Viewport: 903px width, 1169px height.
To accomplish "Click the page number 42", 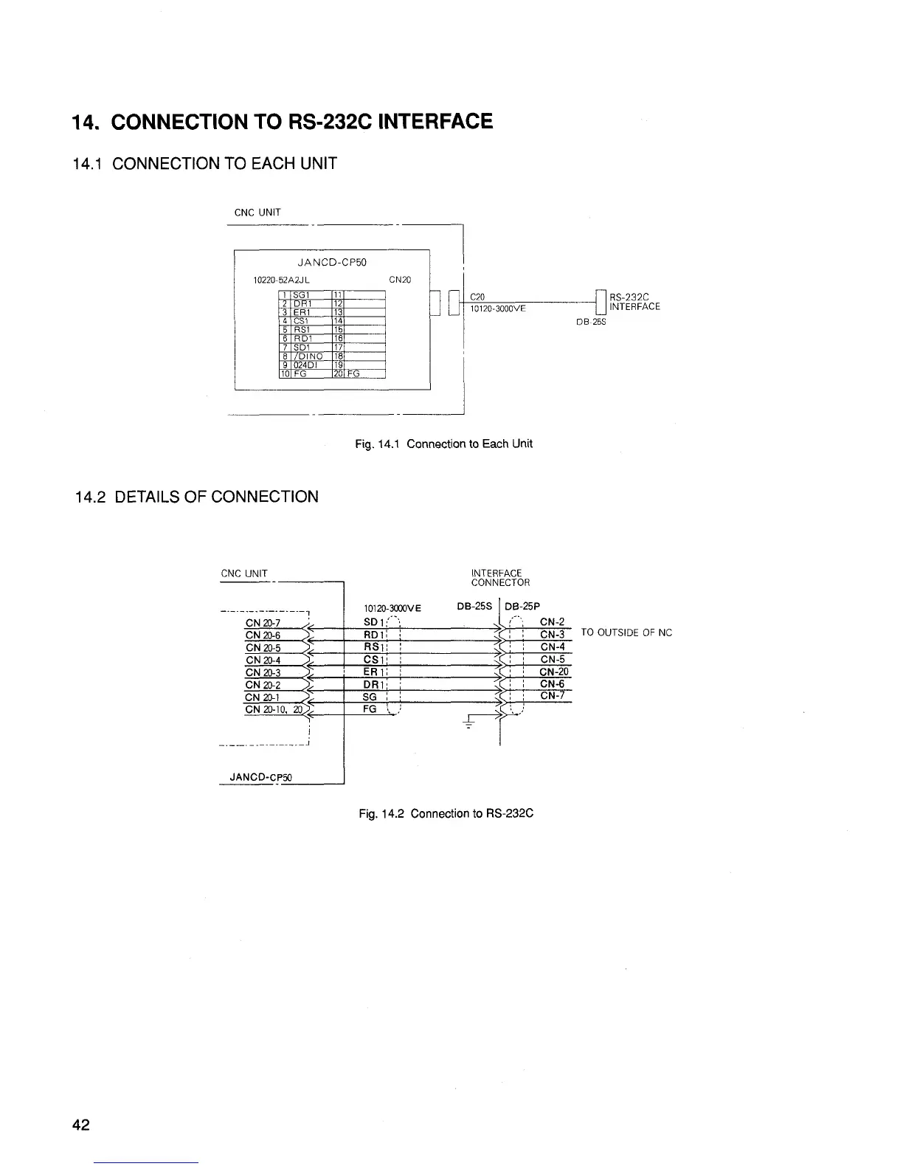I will pyautogui.click(x=81, y=1125).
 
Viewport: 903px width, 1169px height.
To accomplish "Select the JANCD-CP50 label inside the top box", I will pyautogui.click(x=331, y=262).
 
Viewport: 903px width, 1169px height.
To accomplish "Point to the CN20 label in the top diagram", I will pyautogui.click(x=399, y=280).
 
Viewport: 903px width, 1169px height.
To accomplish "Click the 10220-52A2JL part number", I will pyautogui.click(x=281, y=280).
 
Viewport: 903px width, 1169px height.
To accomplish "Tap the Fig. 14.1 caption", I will pyautogui.click(x=443, y=444).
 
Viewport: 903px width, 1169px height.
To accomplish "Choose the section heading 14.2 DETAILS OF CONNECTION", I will pyautogui.click(x=197, y=496).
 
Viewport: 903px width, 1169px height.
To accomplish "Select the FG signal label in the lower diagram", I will pyautogui.click(x=370, y=709).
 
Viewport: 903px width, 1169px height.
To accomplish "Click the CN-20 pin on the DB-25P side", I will pyautogui.click(x=553, y=672).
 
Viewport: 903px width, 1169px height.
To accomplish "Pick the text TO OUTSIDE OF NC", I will pyautogui.click(x=626, y=632).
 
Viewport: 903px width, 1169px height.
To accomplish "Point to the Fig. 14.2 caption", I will pyautogui.click(x=446, y=813).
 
